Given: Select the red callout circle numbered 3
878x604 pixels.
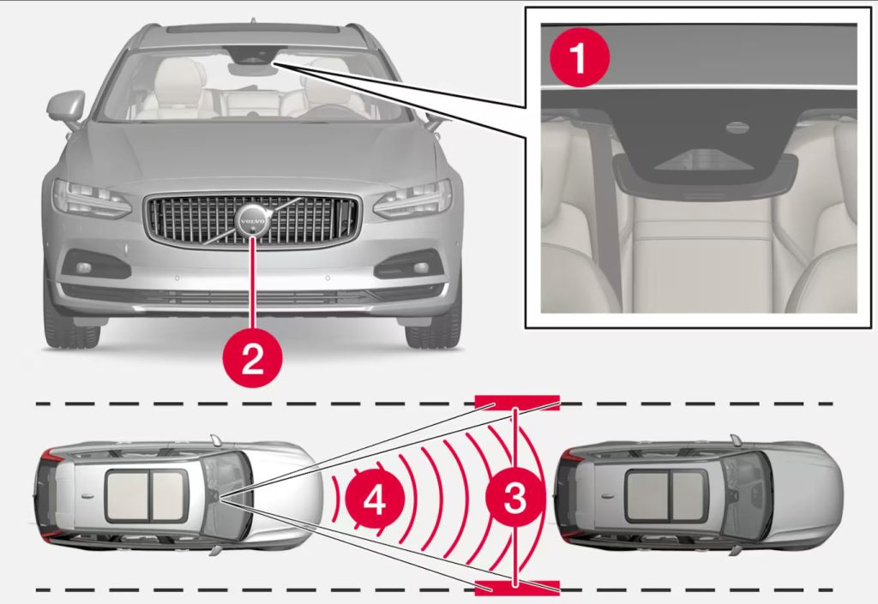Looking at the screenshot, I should click(514, 498).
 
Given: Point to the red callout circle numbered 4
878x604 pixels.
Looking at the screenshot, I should click(375, 498).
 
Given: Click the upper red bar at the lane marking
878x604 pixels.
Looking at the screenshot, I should click(518, 402).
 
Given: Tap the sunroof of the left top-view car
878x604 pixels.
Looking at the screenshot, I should click(145, 495).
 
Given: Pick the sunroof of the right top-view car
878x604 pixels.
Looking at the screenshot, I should click(665, 495).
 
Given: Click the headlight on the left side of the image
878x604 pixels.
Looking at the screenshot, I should click(90, 198).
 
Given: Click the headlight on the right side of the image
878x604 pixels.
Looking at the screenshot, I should click(413, 198).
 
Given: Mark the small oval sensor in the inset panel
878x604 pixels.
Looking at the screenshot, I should click(736, 129).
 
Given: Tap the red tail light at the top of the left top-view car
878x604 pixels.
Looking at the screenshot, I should click(53, 454).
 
